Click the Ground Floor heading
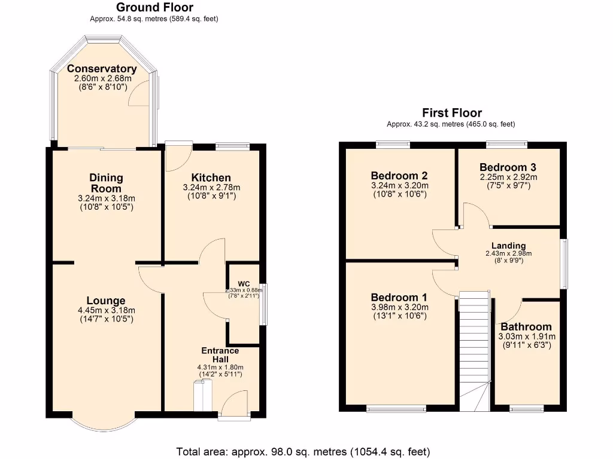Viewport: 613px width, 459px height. coord(154,8)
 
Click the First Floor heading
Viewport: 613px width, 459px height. coord(451,113)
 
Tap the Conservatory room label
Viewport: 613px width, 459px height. coord(102,69)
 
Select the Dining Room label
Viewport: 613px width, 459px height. coord(106,183)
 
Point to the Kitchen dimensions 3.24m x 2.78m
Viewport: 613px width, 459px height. coord(211,188)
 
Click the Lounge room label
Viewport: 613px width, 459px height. coord(106,301)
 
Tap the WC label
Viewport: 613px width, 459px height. coord(244,283)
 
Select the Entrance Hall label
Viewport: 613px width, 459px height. coord(220,354)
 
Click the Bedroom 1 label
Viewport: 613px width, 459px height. coord(399,298)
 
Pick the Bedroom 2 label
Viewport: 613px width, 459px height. coord(399,176)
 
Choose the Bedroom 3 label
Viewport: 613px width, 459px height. coord(508,167)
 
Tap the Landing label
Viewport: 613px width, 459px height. coord(508,246)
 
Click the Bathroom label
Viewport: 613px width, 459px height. coord(526,327)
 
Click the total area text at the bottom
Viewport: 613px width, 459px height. coord(303,451)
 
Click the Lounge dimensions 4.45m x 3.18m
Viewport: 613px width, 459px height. coord(106,310)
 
